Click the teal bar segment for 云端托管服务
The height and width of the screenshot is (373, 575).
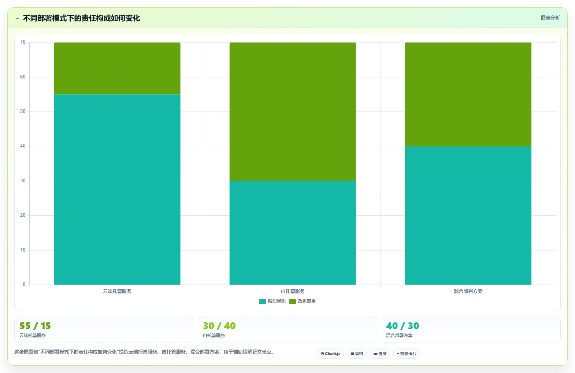pyautogui.click(x=117, y=190)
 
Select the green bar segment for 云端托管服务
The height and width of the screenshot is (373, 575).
pyautogui.click(x=117, y=68)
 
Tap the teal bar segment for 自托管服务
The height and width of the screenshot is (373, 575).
pyautogui.click(x=293, y=233)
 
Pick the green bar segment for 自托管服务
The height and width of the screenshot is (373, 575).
pyautogui.click(x=293, y=111)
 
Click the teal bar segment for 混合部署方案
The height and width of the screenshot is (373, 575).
pyautogui.click(x=468, y=215)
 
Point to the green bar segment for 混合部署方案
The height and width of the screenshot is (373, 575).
pyautogui.click(x=468, y=94)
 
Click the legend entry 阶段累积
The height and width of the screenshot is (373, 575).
pyautogui.click(x=272, y=301)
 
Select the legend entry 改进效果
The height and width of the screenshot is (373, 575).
pyautogui.click(x=303, y=301)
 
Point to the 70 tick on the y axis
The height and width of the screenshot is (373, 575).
pyautogui.click(x=23, y=42)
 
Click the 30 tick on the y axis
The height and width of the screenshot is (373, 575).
pyautogui.click(x=23, y=181)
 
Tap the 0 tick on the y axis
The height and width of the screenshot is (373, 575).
pyautogui.click(x=24, y=284)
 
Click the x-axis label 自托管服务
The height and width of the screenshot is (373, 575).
pyautogui.click(x=293, y=291)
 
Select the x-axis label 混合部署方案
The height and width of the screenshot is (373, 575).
pyautogui.click(x=468, y=291)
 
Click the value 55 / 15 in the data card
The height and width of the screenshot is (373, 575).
pyautogui.click(x=35, y=326)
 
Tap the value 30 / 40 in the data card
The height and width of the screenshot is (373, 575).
pyautogui.click(x=219, y=326)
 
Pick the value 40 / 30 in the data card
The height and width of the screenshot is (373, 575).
pyautogui.click(x=402, y=326)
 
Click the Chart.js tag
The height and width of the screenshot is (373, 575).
pyautogui.click(x=330, y=354)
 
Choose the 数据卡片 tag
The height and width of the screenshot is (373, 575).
pyautogui.click(x=407, y=354)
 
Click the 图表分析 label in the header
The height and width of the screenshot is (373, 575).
pyautogui.click(x=550, y=18)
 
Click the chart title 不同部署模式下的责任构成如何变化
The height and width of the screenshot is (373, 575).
pyautogui.click(x=81, y=18)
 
